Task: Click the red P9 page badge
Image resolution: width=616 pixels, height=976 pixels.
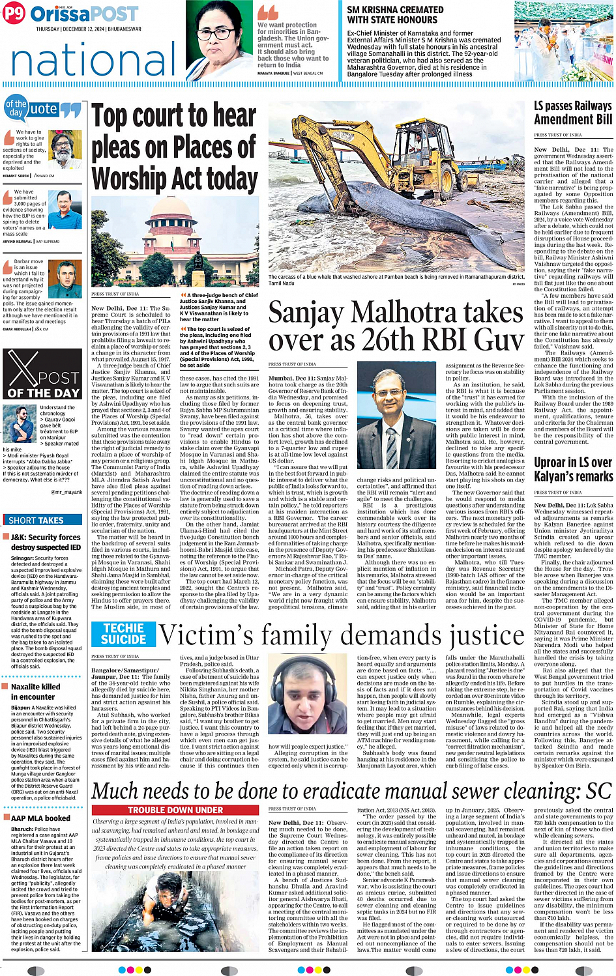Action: pyautogui.click(x=14, y=13)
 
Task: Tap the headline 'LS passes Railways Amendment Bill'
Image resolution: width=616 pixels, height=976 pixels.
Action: pyautogui.click(x=572, y=112)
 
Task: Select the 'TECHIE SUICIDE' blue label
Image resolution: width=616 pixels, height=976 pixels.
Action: pyautogui.click(x=123, y=633)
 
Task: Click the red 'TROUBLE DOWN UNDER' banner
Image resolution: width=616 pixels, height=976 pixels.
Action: pyautogui.click(x=175, y=810)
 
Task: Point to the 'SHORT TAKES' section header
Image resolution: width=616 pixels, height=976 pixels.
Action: pyautogui.click(x=36, y=520)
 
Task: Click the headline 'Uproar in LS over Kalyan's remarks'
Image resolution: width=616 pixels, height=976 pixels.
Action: pyautogui.click(x=572, y=469)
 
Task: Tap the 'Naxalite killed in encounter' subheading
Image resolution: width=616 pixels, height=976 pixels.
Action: pyautogui.click(x=36, y=691)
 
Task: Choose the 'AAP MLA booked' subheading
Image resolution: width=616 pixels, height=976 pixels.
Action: pyautogui.click(x=40, y=818)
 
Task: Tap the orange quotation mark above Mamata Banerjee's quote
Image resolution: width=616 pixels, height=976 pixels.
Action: pyautogui.click(x=267, y=13)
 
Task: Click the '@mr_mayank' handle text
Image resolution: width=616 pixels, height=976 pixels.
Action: pyautogui.click(x=66, y=492)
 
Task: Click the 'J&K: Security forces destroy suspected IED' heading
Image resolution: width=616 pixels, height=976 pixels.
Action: pyautogui.click(x=46, y=542)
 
